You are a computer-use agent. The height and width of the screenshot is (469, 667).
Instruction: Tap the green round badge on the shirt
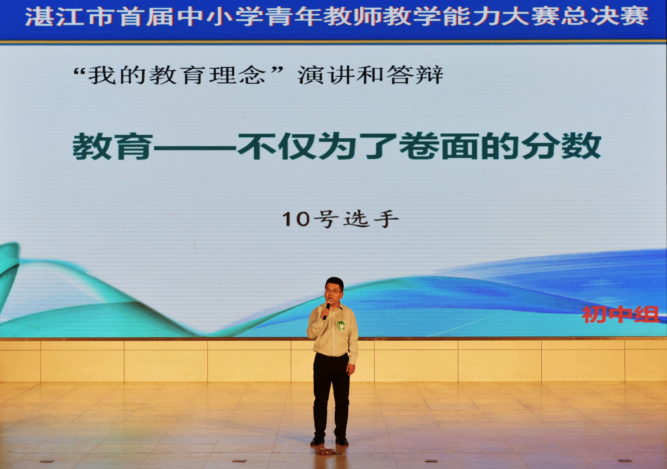341,326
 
